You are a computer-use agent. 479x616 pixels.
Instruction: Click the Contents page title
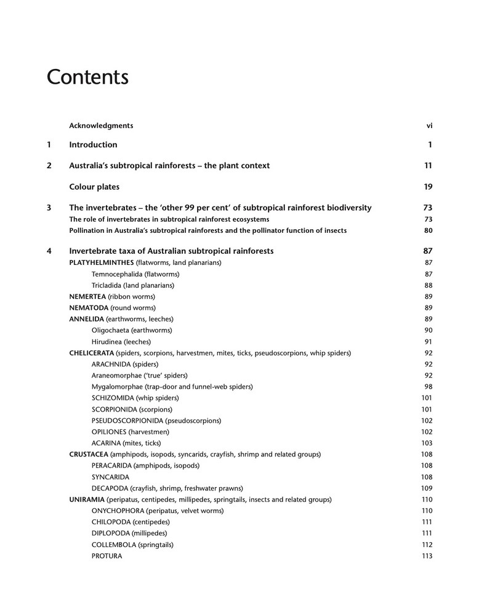click(87, 78)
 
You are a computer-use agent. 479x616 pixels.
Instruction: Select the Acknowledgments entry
click(101, 126)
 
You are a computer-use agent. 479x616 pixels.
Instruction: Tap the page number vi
click(429, 126)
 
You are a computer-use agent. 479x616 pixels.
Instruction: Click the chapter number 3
click(49, 208)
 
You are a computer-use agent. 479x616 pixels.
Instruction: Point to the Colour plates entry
click(94, 187)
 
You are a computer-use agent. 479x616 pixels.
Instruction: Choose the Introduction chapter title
click(93, 145)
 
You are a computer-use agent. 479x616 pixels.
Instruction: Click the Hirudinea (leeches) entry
click(121, 341)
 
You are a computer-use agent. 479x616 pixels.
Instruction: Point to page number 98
click(429, 387)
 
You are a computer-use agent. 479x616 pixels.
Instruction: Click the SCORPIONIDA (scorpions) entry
click(132, 410)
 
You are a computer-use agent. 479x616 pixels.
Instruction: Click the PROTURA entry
click(107, 556)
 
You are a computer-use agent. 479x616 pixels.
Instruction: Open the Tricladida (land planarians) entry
click(132, 285)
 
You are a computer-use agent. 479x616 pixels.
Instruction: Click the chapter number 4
click(49, 251)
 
